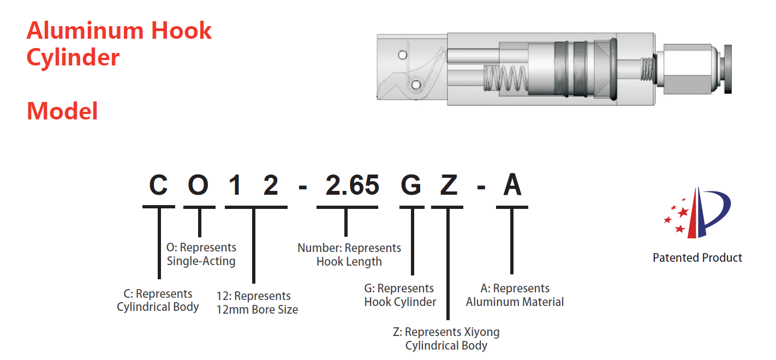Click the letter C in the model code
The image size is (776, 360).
click(158, 186)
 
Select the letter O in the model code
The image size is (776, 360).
click(198, 186)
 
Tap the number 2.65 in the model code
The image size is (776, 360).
click(352, 186)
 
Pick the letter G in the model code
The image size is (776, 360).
click(411, 186)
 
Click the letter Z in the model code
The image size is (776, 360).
click(448, 186)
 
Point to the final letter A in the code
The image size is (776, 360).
click(512, 186)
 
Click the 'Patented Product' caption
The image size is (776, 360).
click(697, 258)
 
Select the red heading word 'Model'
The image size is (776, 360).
click(62, 112)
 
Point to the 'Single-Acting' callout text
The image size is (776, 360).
click(201, 261)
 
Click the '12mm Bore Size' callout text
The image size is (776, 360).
click(257, 310)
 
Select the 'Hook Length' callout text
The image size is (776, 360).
click(349, 262)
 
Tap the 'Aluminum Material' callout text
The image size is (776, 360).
click(515, 302)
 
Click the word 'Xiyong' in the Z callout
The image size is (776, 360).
click(481, 332)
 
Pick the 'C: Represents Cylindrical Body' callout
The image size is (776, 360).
click(158, 301)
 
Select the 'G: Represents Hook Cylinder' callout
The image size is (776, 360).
click(400, 295)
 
